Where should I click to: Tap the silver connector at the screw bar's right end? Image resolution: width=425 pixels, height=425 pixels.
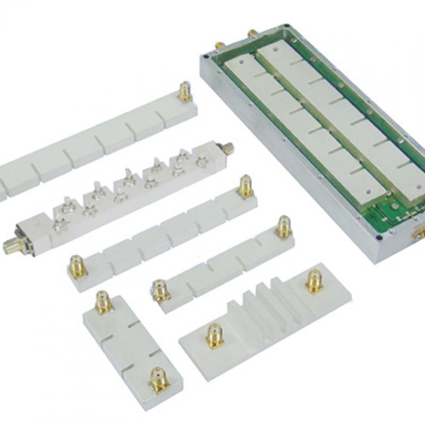click(227, 149)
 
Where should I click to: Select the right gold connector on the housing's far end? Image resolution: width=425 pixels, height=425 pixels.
click(251, 32)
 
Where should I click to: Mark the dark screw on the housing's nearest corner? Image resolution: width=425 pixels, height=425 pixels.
click(378, 253)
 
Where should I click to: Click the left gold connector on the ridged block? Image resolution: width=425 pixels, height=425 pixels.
click(214, 336)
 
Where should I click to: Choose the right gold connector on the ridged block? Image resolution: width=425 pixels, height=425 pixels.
click(314, 281)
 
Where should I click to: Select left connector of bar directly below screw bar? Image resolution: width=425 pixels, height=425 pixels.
click(78, 266)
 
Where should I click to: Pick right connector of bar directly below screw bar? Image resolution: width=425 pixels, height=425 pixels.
click(245, 186)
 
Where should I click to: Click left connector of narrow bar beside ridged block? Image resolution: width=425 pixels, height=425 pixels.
click(160, 290)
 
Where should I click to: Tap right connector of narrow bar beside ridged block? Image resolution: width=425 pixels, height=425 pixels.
click(284, 227)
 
